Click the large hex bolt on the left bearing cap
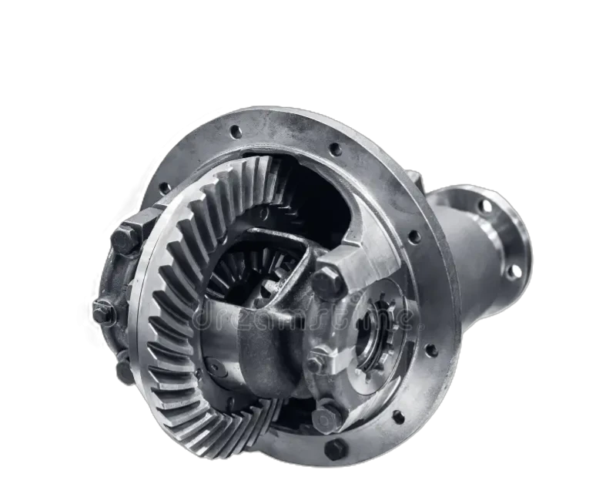126,237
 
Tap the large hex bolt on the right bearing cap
326,282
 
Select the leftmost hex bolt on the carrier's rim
103,312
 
